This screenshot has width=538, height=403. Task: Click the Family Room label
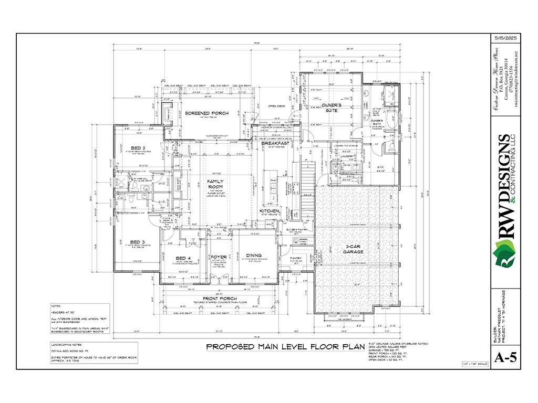coord(215,184)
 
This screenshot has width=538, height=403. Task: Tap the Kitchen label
coord(269,211)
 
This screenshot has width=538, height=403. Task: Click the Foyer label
coord(219,257)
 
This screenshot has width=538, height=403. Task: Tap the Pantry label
coord(296,258)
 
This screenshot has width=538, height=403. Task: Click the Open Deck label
coord(276,106)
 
